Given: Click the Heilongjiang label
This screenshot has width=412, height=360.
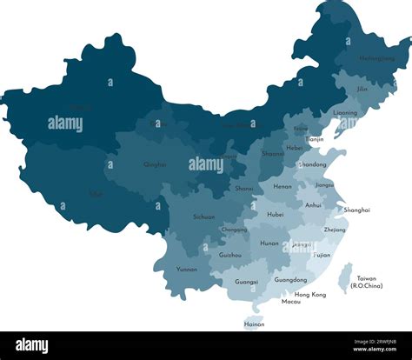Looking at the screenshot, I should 364,58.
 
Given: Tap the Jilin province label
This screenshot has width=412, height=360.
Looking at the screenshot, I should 362,89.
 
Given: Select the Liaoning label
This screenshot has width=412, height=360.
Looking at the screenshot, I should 345,112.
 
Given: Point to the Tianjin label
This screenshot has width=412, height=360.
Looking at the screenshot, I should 315,139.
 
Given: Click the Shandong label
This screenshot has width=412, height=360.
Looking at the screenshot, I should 313,164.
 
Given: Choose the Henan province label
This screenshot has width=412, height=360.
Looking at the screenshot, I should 282,186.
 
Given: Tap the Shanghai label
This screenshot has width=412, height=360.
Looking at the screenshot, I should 356,210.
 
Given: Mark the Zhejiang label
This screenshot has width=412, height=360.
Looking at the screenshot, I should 335,230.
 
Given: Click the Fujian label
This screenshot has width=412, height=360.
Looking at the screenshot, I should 322,256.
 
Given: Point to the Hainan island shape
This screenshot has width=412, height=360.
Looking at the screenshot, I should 254,309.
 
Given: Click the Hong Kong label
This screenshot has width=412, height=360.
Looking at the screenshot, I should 310,295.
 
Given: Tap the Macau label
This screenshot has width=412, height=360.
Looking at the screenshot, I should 291,302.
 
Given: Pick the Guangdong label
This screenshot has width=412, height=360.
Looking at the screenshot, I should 290,280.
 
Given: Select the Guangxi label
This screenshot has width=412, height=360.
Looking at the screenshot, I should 246,282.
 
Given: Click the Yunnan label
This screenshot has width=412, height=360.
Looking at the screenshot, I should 187,270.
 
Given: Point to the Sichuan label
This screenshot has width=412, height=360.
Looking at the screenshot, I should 204,216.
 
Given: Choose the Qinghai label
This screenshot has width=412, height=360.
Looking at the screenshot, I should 155,163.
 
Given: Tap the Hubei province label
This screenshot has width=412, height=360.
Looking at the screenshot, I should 276,214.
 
